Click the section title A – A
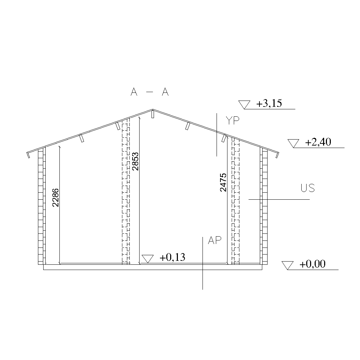(x=149, y=92)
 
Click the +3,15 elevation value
(x=269, y=103)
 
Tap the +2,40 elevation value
(x=318, y=142)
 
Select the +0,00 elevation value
(x=313, y=264)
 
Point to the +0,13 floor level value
(x=172, y=257)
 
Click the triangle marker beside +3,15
(x=244, y=105)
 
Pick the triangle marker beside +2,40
(x=294, y=143)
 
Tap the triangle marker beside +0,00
(x=288, y=265)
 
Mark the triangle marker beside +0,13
(x=148, y=259)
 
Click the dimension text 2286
(x=56, y=198)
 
